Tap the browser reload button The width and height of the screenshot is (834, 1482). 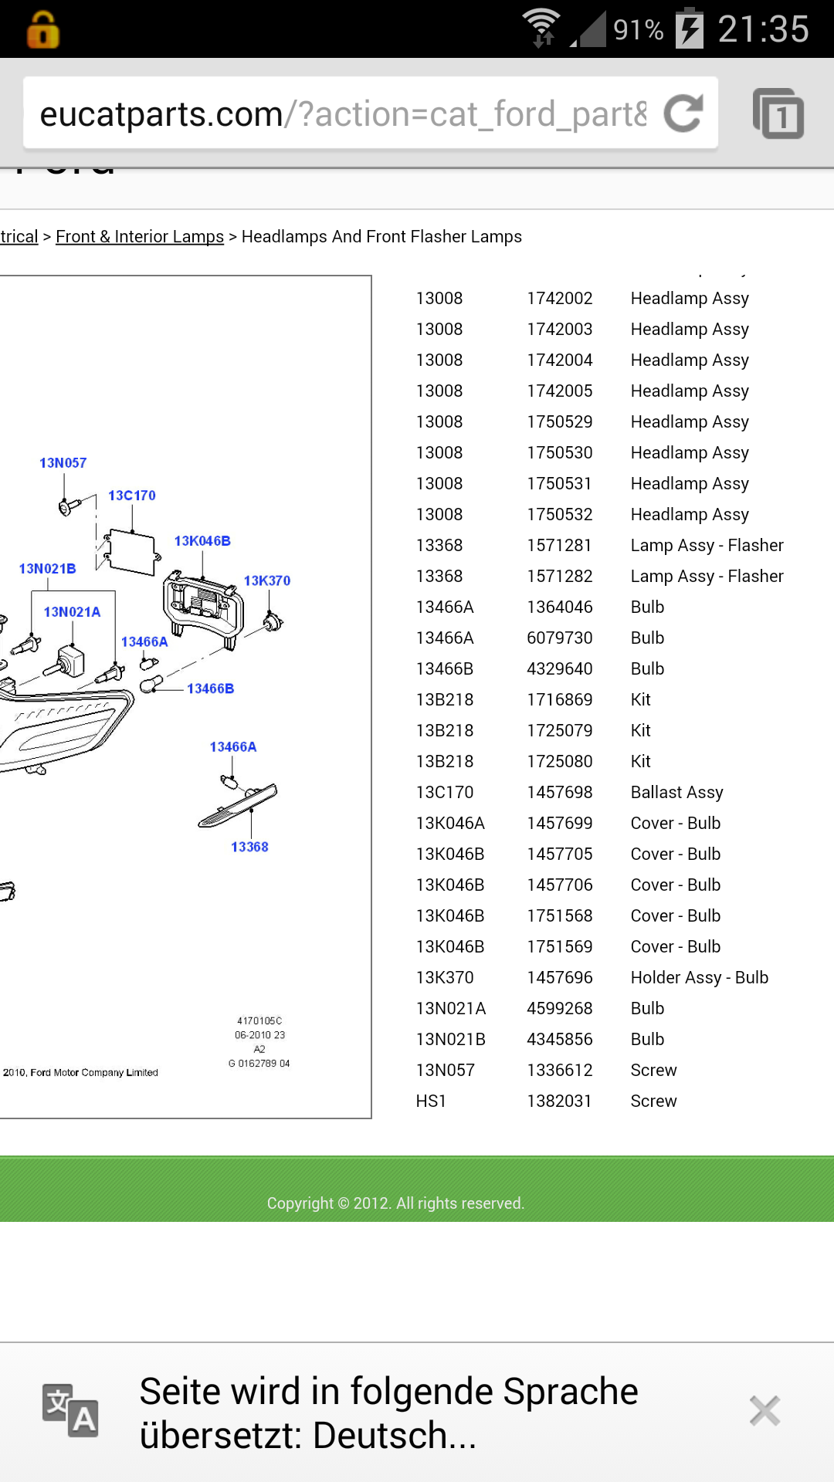point(683,113)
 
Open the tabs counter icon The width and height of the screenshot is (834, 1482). point(778,114)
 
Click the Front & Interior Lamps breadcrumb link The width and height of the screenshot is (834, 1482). point(140,236)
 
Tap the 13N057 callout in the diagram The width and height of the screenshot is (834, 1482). point(63,462)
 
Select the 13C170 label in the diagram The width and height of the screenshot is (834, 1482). point(132,495)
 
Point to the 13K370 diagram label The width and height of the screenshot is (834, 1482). point(267,580)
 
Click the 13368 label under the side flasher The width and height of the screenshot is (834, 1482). point(249,847)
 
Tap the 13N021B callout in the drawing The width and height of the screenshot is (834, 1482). point(47,568)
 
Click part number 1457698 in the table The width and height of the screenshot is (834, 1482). point(559,792)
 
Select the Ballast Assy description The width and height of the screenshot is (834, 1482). point(676,792)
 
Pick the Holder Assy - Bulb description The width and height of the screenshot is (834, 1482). point(699,977)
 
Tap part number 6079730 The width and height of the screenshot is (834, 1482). point(559,638)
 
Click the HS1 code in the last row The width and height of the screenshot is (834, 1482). point(431,1101)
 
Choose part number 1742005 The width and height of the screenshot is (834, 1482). point(559,391)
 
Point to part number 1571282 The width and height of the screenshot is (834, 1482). point(559,576)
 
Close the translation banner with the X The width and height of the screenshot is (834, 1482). point(764,1411)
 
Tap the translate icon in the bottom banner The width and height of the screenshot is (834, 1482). point(70,1411)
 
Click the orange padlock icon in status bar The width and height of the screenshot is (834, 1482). point(43,30)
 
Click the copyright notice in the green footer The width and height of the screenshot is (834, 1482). point(395,1203)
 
